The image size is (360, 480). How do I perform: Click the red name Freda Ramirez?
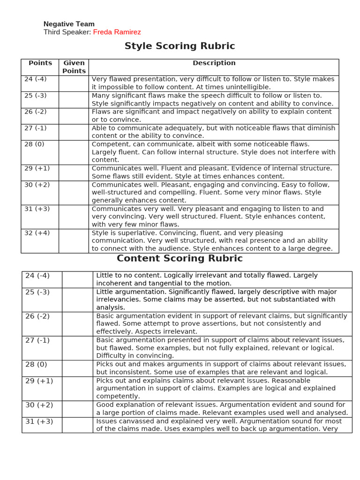tap(117, 32)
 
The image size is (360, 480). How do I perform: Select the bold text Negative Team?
tap(69, 24)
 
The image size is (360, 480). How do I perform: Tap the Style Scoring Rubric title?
tap(180, 46)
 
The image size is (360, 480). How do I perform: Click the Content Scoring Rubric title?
tap(180, 258)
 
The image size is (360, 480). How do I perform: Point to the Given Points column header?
tap(74, 67)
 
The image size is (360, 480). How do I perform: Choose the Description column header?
tap(214, 63)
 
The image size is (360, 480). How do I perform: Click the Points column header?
tap(40, 63)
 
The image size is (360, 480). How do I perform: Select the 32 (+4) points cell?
tap(37, 233)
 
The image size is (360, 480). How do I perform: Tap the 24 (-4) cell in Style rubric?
tap(36, 79)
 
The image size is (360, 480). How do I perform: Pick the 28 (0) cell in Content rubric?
tap(36, 364)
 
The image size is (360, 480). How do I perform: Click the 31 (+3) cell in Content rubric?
tap(39, 421)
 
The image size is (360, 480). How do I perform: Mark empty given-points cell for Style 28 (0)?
tap(74, 152)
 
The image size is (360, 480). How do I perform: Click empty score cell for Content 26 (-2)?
tap(77, 323)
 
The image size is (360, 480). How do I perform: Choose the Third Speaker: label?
tap(67, 32)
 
